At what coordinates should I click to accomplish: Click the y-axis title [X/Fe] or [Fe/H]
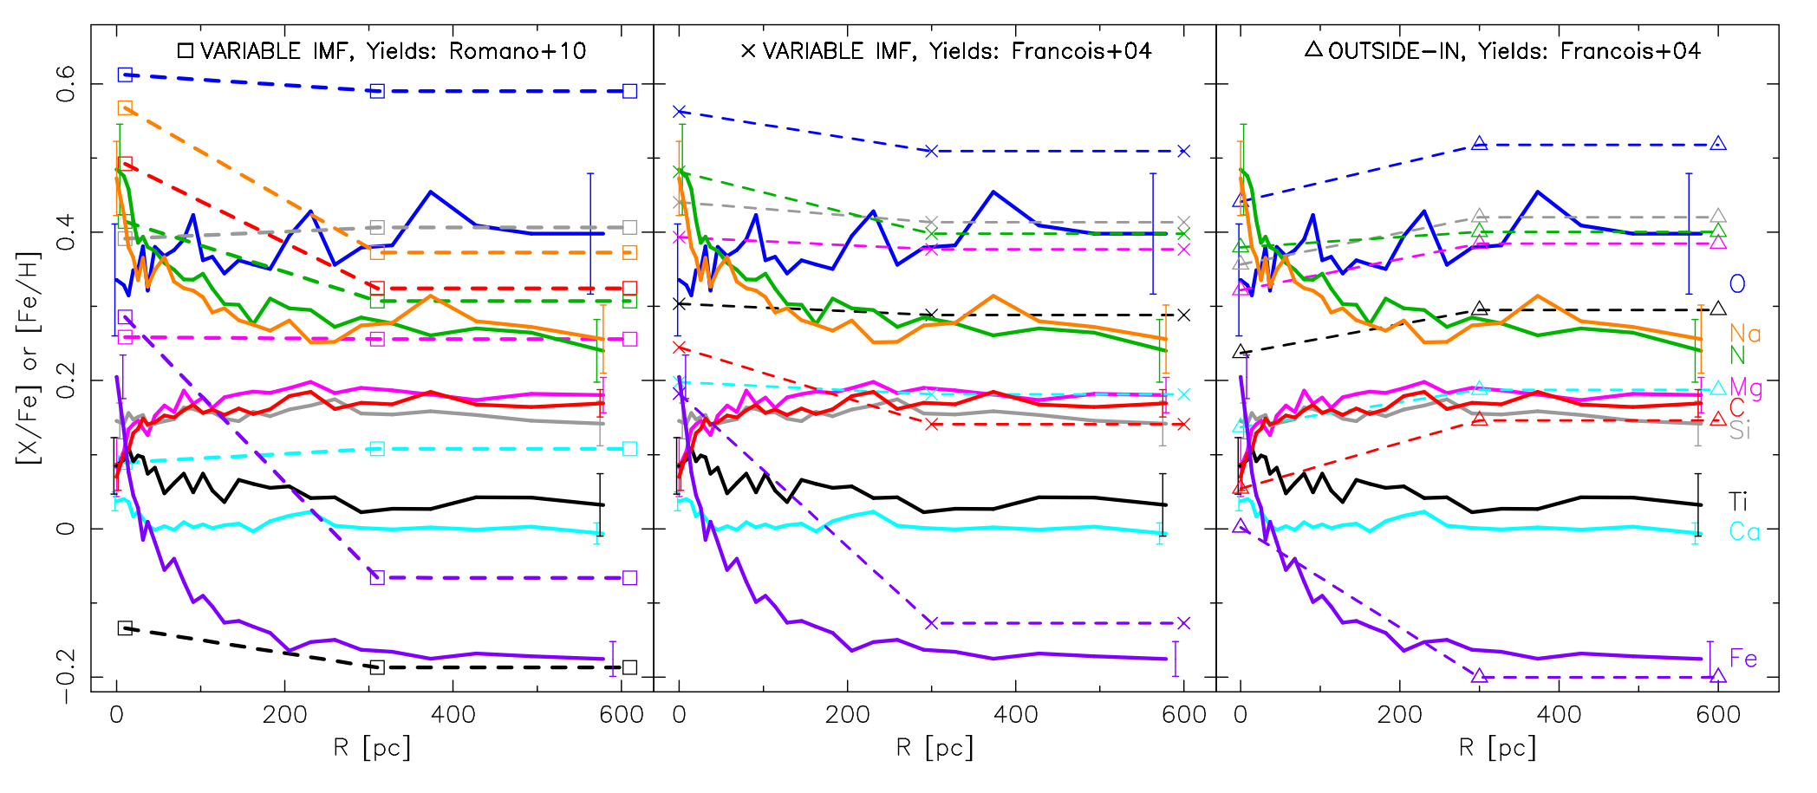[x=29, y=358]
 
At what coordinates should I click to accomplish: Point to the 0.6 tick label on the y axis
[x=66, y=84]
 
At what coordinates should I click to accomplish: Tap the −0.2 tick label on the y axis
[x=66, y=677]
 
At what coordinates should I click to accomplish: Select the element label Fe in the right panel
[x=1743, y=659]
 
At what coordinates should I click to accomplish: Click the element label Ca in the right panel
[x=1744, y=531]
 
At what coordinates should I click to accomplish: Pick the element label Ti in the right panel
[x=1738, y=502]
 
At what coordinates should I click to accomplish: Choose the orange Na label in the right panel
[x=1745, y=334]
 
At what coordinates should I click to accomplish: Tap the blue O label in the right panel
[x=1737, y=283]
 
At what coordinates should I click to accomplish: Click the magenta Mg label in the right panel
[x=1746, y=387]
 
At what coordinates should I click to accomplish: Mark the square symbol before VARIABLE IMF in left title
[x=186, y=50]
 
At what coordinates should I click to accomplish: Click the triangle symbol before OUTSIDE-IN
[x=1313, y=49]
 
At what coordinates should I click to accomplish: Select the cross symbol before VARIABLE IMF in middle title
[x=748, y=50]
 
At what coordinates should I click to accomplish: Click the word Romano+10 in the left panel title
[x=518, y=51]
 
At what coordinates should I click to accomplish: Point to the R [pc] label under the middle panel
[x=935, y=747]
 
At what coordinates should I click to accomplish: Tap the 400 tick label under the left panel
[x=453, y=715]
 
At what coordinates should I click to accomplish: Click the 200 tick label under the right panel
[x=1400, y=715]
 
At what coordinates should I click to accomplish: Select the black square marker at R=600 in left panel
[x=630, y=667]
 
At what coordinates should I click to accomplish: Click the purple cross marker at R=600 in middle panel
[x=1184, y=623]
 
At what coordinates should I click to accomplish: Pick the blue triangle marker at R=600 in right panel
[x=1718, y=144]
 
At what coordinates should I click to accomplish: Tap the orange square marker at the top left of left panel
[x=125, y=107]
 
